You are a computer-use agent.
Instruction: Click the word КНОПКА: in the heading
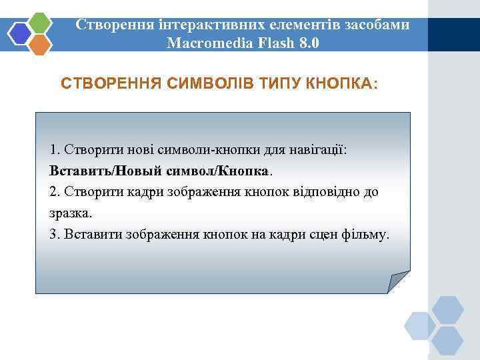coord(341,84)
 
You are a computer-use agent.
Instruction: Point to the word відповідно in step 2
coord(331,192)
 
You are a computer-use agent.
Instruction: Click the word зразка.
coord(71,213)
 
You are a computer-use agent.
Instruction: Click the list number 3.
coord(53,235)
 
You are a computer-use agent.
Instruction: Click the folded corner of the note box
coord(397,281)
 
